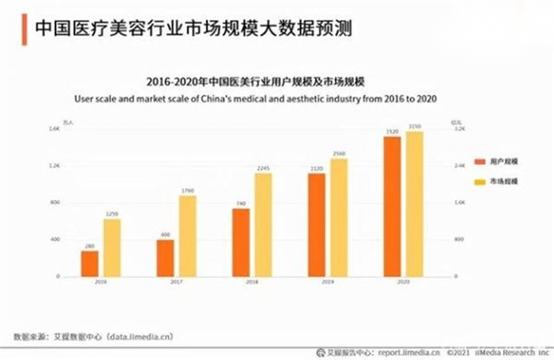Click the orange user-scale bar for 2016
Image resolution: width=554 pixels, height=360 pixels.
[x=89, y=263]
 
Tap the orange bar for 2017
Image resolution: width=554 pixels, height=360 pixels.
[x=165, y=258]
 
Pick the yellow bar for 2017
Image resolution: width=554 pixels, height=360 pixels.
[x=188, y=235]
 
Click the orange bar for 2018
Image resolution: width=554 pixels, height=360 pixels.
[x=241, y=242]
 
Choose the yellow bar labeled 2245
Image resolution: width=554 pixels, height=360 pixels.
[x=264, y=224]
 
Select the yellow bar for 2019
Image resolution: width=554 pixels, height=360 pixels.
[x=339, y=217]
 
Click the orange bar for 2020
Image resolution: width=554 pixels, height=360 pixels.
[x=392, y=206]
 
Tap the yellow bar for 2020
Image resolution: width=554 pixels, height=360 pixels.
[x=414, y=204]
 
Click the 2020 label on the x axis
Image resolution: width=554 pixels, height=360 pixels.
[x=403, y=282]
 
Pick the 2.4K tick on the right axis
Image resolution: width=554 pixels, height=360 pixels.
[x=459, y=165]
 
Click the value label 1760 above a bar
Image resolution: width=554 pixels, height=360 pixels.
[x=188, y=190]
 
